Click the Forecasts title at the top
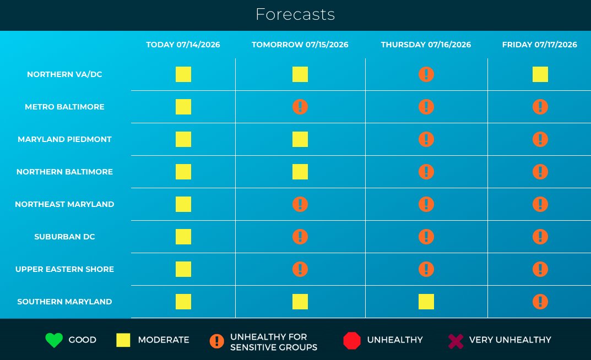coord(295,15)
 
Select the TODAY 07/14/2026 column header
coord(183,45)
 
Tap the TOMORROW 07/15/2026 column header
coord(300,45)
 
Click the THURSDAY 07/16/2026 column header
coord(426,45)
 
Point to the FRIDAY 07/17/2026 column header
coord(540,45)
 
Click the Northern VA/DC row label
coord(64,74)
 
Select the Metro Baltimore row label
coord(64,107)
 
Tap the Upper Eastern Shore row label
coord(64,269)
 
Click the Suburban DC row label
coord(64,237)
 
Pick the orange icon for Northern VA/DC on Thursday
coord(426,74)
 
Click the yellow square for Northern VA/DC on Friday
coord(540,74)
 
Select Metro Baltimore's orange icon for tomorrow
coord(300,107)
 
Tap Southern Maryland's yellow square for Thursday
coord(426,302)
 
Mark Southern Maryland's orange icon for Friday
coord(540,302)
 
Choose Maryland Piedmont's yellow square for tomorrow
coord(300,139)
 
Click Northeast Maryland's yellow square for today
coord(183,204)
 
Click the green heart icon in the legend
coord(54,340)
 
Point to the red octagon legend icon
coord(352,340)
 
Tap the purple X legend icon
coord(456,341)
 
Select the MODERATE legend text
coord(164,340)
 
